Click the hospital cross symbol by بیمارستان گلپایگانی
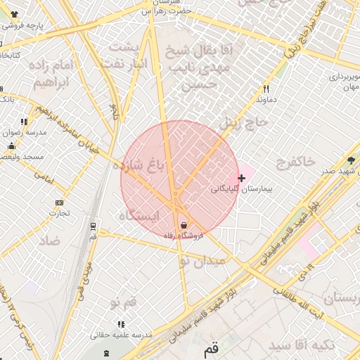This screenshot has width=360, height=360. coord(242,178)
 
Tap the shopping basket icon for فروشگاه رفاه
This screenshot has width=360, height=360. coord(184,225)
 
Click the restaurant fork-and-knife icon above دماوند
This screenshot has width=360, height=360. coord(266,89)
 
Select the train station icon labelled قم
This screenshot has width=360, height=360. coord(106,352)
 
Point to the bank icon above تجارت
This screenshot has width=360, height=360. coord(58,203)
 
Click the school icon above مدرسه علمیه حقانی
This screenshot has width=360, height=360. coord(121,325)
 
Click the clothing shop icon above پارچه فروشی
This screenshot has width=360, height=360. coord(13,14)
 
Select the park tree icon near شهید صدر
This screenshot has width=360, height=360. coord(351,160)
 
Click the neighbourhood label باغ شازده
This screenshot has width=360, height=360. coord(148,165)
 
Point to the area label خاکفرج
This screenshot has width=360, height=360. coord(296,162)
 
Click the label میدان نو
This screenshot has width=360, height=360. coord(204,260)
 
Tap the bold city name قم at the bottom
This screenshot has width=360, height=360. coord(211,349)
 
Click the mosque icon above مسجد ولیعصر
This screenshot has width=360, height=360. coord(11,146)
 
